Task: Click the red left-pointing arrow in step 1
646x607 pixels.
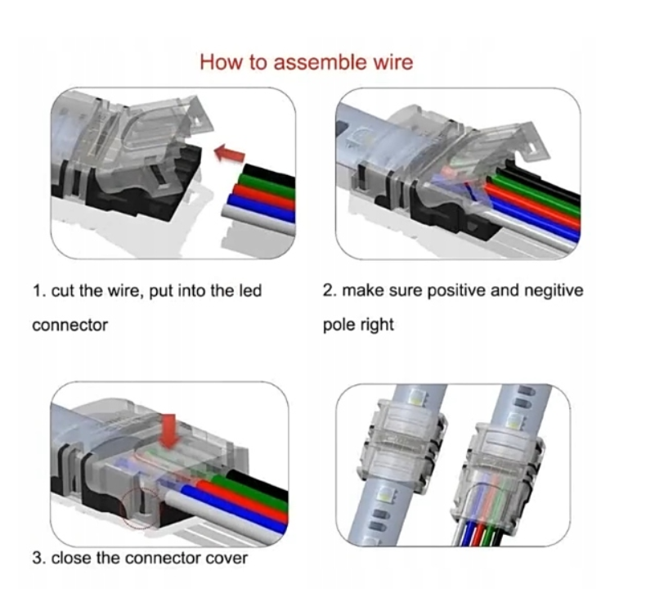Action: [230, 153]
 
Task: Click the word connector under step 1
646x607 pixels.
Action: [70, 326]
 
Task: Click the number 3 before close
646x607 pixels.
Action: [37, 559]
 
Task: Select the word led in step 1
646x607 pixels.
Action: [250, 291]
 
